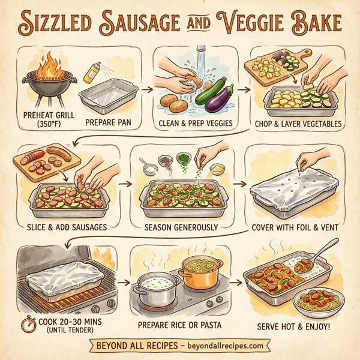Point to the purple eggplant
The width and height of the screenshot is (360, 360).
pos(219,99)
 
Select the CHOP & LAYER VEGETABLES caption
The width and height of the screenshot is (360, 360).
pos(298,125)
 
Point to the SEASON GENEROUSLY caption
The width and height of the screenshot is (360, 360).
pos(181,228)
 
